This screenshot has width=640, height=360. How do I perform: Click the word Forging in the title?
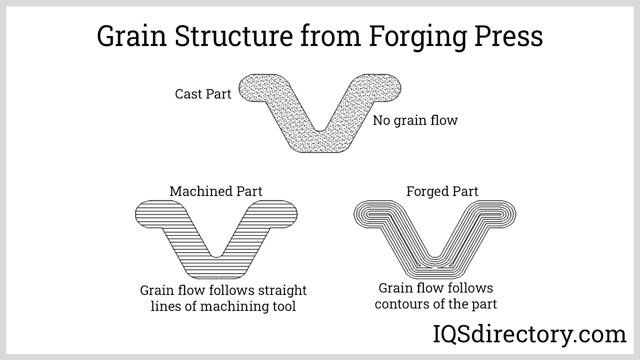[x=417, y=37]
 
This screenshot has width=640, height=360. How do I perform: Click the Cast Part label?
[x=203, y=94]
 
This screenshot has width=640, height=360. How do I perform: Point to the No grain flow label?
[x=415, y=120]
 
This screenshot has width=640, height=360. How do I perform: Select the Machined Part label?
[x=216, y=191]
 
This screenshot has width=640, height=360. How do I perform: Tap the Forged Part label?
[x=442, y=191]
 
